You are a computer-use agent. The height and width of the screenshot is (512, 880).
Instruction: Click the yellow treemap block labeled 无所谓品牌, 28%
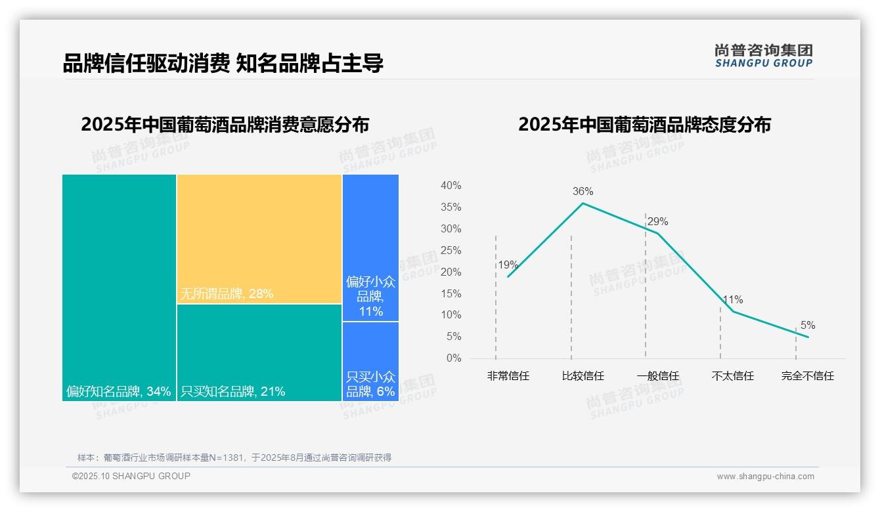[259, 239]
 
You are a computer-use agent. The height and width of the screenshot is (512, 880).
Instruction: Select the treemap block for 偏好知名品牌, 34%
[119, 287]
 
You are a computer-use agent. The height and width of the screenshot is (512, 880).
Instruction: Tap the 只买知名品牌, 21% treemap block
[259, 352]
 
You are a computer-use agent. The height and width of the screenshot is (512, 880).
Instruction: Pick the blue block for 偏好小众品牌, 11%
[370, 247]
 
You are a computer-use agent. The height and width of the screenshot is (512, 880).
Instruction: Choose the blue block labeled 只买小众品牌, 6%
[370, 361]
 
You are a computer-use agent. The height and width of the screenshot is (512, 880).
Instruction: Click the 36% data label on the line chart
[583, 192]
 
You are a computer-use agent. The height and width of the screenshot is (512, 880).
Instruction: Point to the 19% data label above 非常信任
[508, 265]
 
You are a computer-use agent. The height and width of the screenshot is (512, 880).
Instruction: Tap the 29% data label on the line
[657, 222]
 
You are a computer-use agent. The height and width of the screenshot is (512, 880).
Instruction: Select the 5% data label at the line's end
[807, 326]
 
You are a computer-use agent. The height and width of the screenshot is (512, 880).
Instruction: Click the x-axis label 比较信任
[583, 376]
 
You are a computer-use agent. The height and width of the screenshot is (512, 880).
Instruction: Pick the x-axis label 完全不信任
[807, 376]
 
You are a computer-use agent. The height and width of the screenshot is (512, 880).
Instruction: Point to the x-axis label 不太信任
[732, 376]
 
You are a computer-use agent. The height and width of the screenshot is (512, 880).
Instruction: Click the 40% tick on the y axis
[451, 186]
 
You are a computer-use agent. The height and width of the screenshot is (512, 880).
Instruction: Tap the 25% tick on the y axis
[451, 250]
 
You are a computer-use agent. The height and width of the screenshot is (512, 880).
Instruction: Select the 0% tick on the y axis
[453, 358]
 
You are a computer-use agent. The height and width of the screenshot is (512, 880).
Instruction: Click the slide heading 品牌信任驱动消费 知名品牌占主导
[223, 63]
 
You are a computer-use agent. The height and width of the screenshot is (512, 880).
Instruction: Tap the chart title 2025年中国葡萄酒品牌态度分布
[644, 125]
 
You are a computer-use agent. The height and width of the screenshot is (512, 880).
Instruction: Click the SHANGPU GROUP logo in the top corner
[763, 56]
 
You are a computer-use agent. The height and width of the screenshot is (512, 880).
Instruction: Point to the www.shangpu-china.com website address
[765, 477]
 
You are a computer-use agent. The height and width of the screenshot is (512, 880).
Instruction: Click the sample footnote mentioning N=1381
[234, 458]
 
